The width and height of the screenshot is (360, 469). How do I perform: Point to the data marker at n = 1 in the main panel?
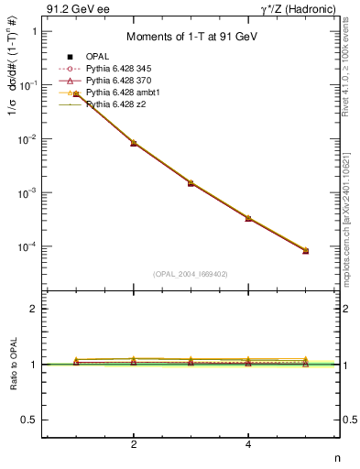pyautogui.click(x=76, y=94)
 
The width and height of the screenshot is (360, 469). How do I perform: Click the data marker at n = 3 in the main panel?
pyautogui.click(x=191, y=183)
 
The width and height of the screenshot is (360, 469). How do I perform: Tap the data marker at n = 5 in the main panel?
pyautogui.click(x=306, y=250)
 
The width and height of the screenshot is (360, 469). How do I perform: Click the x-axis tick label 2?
pyautogui.click(x=134, y=445)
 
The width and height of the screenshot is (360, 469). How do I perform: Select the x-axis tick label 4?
pyautogui.click(x=248, y=445)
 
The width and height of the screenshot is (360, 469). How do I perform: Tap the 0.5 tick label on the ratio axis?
pyautogui.click(x=29, y=420)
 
